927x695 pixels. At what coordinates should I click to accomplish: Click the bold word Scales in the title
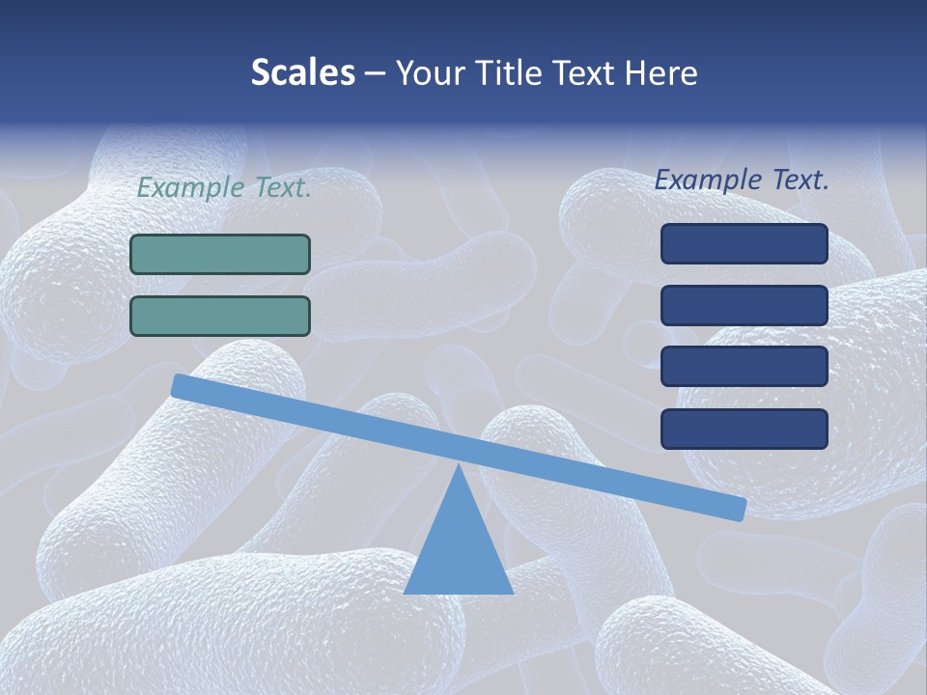(x=302, y=72)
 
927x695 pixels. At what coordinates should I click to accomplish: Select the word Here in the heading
(x=661, y=73)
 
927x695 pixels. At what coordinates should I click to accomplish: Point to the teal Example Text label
(x=224, y=188)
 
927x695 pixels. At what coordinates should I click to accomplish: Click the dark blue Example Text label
(x=742, y=180)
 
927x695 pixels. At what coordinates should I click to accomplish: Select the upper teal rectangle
(x=220, y=254)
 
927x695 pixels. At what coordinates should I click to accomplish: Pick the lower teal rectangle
(x=220, y=316)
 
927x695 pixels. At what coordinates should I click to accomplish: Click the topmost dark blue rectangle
(x=744, y=243)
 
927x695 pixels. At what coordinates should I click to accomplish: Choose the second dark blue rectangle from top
(x=744, y=305)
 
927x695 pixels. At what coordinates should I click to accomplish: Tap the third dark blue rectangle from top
(x=744, y=367)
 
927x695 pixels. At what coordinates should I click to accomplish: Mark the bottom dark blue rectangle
(x=744, y=429)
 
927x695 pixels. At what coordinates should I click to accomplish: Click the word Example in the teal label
(x=190, y=188)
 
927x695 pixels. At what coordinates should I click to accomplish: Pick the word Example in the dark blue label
(x=708, y=180)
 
